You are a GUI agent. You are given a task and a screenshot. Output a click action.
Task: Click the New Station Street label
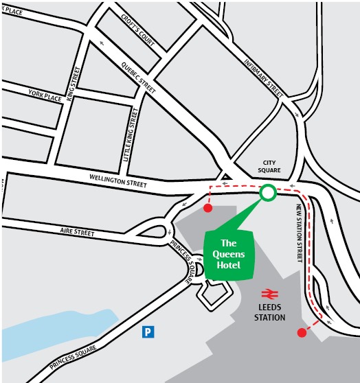(x=300, y=233)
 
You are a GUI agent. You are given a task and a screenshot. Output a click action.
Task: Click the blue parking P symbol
(x=147, y=332)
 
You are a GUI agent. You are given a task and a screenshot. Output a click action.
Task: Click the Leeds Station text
(x=269, y=312)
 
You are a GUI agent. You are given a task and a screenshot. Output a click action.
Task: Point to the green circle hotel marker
(x=267, y=193)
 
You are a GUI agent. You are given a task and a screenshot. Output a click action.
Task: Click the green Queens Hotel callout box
(x=229, y=253)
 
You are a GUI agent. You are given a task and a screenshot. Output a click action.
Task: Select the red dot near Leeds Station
(x=301, y=333)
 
